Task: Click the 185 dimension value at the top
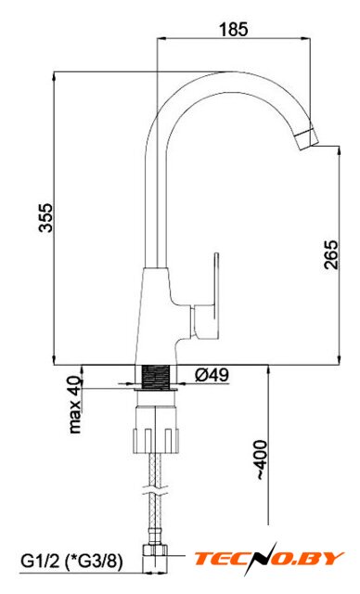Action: click(x=234, y=29)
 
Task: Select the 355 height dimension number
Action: click(x=46, y=217)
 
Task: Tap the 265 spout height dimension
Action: click(x=331, y=255)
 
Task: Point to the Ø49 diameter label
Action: click(x=212, y=375)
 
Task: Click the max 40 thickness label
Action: click(x=75, y=405)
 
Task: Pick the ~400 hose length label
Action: click(x=262, y=460)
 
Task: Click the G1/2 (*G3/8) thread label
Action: click(x=71, y=561)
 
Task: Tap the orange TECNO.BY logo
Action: click(x=268, y=559)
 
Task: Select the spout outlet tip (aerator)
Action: click(x=307, y=140)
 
